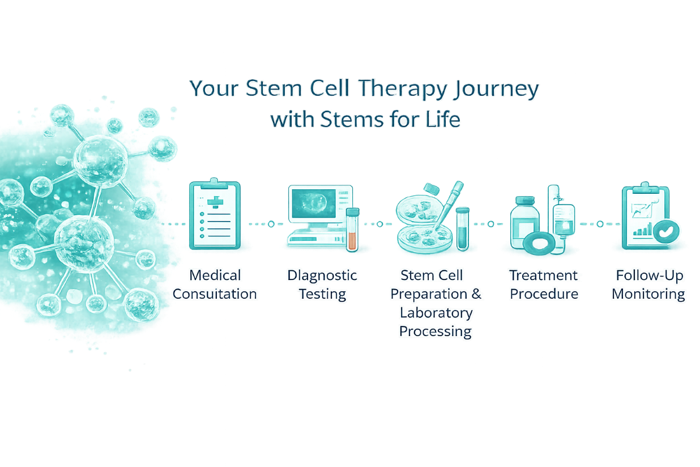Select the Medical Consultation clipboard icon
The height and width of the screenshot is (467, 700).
tap(214, 215)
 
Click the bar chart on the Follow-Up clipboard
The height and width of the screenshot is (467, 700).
tap(642, 230)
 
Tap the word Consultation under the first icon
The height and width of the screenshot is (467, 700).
tap(215, 294)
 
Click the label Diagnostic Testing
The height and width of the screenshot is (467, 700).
tap(322, 285)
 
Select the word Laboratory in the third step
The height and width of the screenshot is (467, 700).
tap(436, 313)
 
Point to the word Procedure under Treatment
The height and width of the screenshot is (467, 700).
tap(544, 294)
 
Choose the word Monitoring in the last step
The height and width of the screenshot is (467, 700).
tap(648, 294)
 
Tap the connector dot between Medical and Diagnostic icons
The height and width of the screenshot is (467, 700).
tap(271, 224)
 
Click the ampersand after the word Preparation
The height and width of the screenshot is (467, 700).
tap(476, 294)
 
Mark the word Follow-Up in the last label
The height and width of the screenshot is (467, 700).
tap(650, 276)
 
